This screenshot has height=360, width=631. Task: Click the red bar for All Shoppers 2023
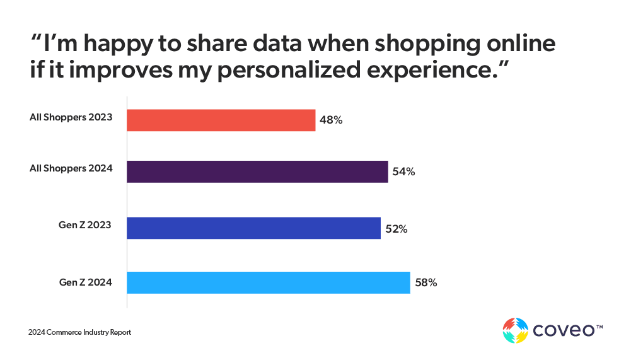(221, 120)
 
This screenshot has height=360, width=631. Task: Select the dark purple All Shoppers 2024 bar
(257, 171)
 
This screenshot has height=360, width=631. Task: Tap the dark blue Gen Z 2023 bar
(254, 228)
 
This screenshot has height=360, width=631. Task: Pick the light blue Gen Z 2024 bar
(269, 282)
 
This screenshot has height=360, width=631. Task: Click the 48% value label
(331, 120)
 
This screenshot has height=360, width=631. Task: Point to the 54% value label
(403, 171)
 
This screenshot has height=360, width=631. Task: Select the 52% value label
(397, 229)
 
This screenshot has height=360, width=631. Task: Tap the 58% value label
(425, 282)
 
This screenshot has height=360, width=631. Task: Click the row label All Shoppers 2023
(71, 117)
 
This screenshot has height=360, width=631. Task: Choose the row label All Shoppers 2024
(71, 168)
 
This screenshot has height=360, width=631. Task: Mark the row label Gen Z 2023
(85, 225)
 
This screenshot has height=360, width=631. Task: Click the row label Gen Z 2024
(85, 282)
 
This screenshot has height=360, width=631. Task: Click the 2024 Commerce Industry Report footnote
(79, 332)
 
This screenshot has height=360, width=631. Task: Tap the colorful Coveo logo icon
(515, 330)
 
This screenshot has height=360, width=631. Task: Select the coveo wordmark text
(564, 330)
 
